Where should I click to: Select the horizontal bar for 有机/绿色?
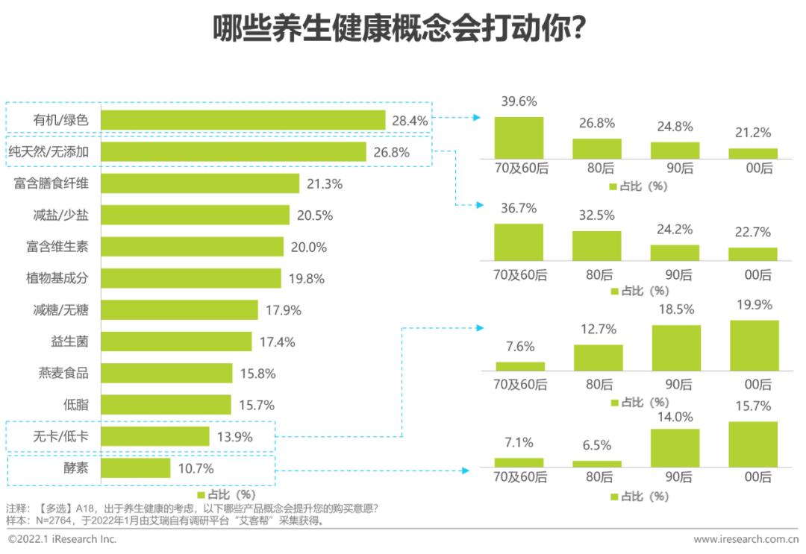[243, 120]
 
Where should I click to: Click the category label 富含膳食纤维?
[51, 183]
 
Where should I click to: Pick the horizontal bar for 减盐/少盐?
[195, 215]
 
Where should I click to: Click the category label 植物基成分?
[57, 278]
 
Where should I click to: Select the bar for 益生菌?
[176, 341]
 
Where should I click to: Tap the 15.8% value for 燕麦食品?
[257, 374]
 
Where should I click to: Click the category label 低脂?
[76, 405]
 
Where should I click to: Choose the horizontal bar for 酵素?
[135, 468]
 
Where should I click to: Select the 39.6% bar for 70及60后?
[519, 138]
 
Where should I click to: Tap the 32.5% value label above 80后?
[596, 215]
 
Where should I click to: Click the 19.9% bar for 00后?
[753, 345]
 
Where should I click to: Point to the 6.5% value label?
[596, 445]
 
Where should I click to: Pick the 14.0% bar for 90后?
[675, 447]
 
